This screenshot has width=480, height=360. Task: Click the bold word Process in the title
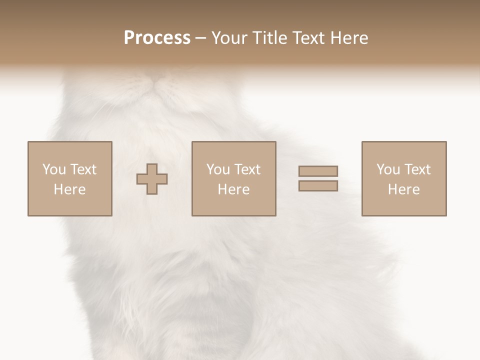click(157, 38)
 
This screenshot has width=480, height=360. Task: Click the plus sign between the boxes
click(152, 178)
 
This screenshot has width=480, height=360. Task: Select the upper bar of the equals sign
click(318, 171)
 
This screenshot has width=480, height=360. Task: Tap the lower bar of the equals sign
click(318, 186)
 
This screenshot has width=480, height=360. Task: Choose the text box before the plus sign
click(70, 178)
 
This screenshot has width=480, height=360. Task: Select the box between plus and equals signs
click(234, 178)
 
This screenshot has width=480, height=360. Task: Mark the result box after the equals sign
click(404, 178)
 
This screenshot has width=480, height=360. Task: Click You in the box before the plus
click(54, 169)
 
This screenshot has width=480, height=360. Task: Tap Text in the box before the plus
click(83, 169)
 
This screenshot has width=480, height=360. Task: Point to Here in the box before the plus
click(70, 189)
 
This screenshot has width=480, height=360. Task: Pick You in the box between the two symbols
click(218, 169)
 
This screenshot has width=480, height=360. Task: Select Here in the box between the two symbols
click(234, 189)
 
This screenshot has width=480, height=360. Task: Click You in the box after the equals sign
click(388, 169)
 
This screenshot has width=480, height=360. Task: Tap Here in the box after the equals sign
click(404, 189)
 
